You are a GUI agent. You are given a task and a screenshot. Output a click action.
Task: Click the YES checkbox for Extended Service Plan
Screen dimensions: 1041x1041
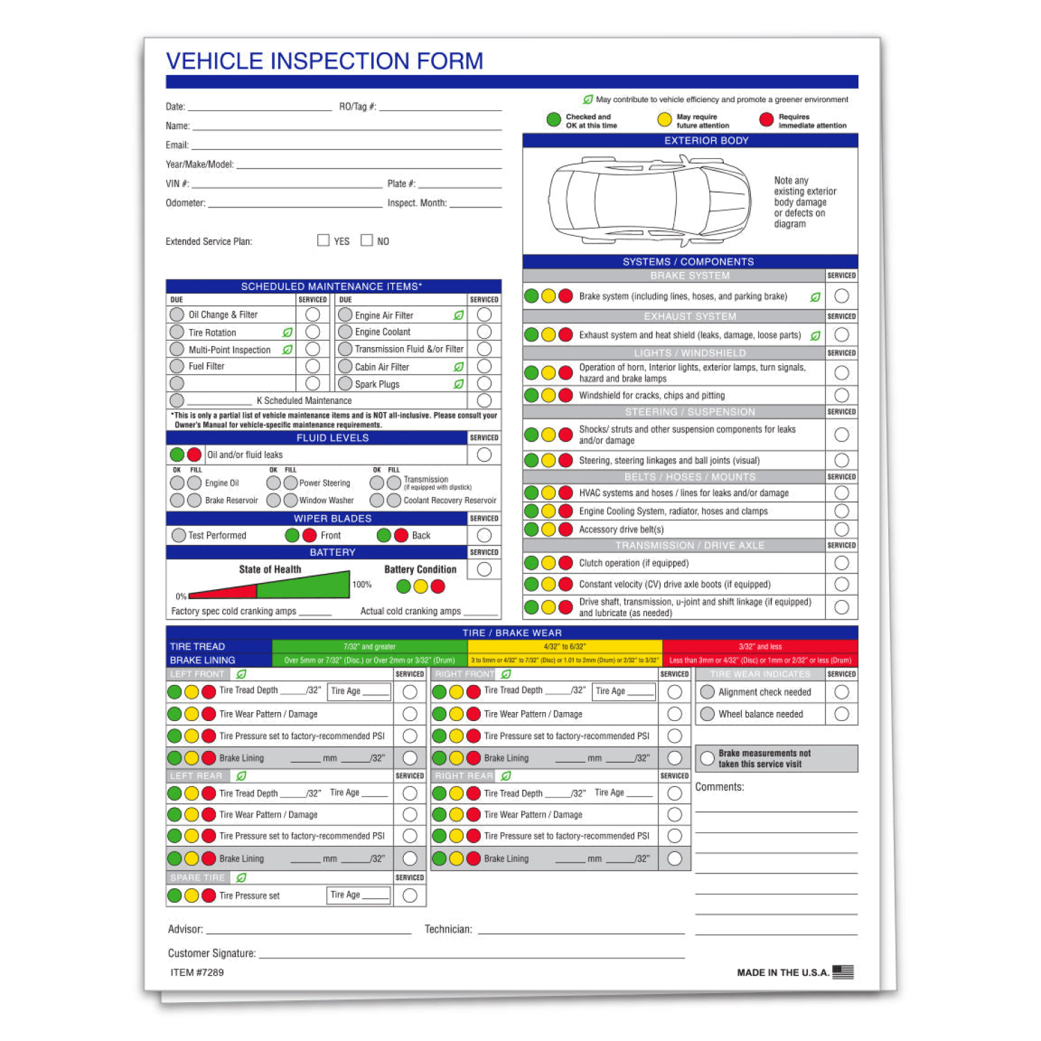(x=323, y=240)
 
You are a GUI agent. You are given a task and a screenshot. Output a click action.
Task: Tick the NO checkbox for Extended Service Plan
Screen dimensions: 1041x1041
(x=366, y=240)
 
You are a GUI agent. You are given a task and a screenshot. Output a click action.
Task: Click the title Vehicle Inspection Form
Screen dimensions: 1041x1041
(x=324, y=61)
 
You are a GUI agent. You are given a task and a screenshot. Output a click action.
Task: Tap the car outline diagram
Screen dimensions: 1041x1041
(x=650, y=201)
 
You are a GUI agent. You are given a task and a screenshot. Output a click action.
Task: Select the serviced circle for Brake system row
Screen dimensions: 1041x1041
(x=842, y=296)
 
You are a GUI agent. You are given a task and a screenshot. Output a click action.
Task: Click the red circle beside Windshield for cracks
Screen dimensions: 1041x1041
(x=566, y=395)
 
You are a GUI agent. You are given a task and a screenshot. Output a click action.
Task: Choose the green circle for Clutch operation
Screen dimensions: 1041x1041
(x=532, y=563)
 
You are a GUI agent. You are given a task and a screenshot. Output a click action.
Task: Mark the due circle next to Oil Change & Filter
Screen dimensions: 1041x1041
(x=177, y=314)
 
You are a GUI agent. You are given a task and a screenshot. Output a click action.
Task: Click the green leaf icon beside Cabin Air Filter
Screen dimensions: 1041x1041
(x=459, y=366)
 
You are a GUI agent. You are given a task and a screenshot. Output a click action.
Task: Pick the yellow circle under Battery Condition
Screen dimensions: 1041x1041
(x=421, y=586)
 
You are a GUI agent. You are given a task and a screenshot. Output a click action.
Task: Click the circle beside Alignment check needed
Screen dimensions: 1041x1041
(x=707, y=692)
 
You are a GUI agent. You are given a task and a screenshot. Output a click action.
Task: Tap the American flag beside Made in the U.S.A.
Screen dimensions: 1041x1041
(x=843, y=972)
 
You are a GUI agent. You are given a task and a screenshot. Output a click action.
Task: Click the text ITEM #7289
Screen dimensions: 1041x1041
(x=197, y=972)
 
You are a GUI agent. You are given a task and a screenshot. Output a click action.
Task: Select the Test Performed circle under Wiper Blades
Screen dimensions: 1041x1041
(x=179, y=535)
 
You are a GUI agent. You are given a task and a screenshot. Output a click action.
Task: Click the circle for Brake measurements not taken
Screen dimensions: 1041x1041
(x=707, y=759)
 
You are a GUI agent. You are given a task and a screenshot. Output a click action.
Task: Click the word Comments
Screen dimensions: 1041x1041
(x=720, y=787)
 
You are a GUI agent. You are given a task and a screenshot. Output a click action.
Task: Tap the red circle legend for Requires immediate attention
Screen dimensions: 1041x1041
(x=766, y=120)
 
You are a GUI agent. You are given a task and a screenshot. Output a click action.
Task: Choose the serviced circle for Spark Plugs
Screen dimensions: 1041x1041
(x=484, y=384)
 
